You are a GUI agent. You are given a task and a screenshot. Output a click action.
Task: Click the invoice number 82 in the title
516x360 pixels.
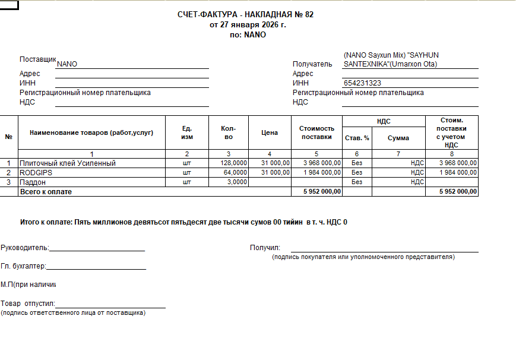coord(309,15)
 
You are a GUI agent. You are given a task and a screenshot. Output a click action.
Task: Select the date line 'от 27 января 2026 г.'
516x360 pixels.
coord(248,25)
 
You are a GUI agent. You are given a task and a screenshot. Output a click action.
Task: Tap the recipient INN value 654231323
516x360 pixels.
coord(362,84)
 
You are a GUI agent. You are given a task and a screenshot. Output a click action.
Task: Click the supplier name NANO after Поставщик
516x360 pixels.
coord(67,64)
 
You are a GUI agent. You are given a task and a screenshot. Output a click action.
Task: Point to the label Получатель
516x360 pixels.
coord(312,64)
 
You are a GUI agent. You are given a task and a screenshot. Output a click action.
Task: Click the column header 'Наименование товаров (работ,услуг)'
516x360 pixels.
coord(91,132)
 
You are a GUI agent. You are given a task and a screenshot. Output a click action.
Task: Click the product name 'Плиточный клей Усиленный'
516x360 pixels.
coord(68,163)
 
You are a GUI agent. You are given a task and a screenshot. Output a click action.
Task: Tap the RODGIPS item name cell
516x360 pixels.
coord(37,173)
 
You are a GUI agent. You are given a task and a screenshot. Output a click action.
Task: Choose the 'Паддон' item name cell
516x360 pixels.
coord(33,182)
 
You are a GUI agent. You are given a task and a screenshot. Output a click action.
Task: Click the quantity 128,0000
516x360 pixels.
coord(233,163)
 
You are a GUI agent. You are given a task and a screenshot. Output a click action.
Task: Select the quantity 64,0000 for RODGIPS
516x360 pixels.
coord(235,173)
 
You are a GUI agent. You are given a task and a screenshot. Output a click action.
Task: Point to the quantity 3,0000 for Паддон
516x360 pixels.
coord(237,182)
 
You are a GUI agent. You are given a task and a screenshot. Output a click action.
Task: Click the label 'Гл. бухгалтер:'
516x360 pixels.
coord(24,267)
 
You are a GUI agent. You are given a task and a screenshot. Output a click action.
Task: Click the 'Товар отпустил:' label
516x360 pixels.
coord(28,304)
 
